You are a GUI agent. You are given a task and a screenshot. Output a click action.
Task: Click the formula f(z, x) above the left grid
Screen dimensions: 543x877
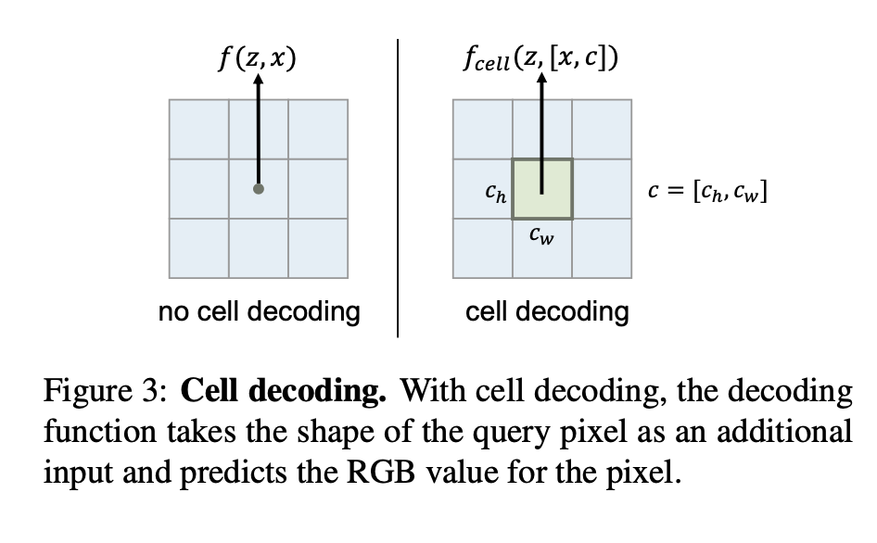click(257, 57)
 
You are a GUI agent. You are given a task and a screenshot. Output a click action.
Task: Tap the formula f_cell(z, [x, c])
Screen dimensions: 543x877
click(541, 57)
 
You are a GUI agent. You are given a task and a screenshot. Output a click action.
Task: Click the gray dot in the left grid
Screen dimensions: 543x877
click(259, 189)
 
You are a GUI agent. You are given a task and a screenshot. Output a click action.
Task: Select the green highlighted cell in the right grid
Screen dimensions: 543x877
click(542, 189)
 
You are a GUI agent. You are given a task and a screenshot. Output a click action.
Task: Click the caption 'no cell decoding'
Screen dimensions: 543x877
click(259, 312)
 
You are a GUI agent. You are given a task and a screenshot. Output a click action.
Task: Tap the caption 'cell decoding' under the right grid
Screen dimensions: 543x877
click(547, 312)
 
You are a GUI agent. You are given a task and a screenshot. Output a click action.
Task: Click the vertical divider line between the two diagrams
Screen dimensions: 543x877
click(398, 185)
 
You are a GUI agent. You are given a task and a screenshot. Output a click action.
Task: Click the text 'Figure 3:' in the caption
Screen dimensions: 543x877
click(104, 393)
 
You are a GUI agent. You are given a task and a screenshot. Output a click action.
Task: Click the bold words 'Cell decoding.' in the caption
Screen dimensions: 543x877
click(283, 393)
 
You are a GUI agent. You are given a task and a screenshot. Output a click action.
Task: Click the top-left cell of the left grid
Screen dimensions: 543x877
click(199, 129)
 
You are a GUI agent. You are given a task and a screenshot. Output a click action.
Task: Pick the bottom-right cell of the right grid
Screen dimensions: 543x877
click(602, 247)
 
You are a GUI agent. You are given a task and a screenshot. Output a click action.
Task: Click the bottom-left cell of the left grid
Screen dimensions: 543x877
click(199, 247)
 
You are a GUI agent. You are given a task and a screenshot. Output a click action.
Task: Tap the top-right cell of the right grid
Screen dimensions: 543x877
click(602, 129)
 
